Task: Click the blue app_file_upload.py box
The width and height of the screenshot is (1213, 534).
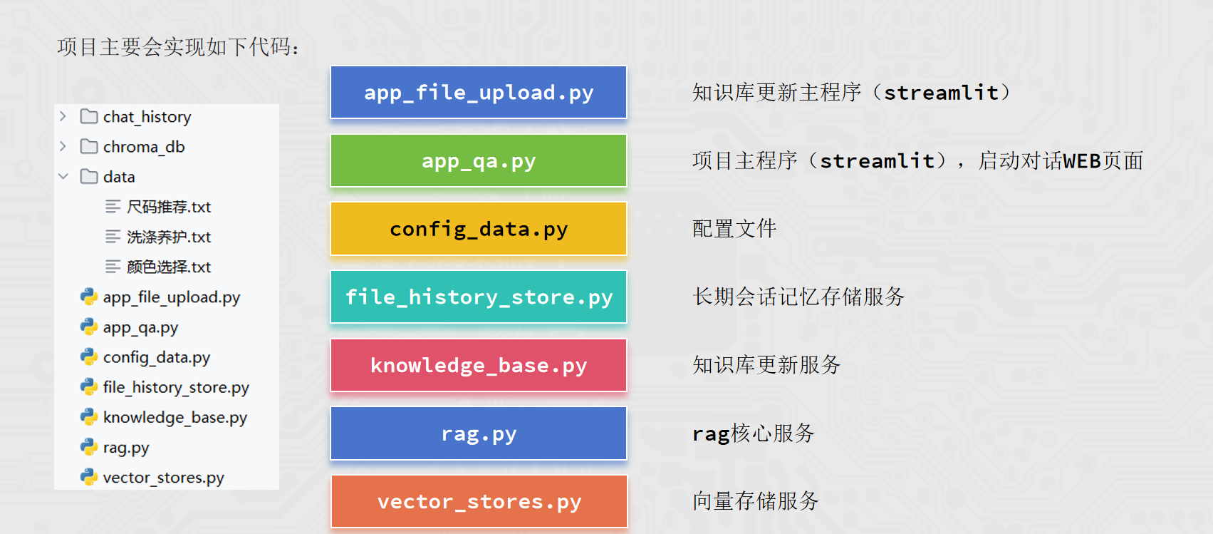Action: (x=479, y=93)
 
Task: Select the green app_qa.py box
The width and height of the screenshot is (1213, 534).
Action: (x=479, y=161)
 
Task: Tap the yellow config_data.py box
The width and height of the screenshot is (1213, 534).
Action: (x=479, y=229)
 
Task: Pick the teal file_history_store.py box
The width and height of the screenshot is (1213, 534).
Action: (x=479, y=297)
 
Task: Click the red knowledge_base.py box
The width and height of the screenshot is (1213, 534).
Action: (x=479, y=366)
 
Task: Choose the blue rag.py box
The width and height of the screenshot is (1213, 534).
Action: (x=479, y=433)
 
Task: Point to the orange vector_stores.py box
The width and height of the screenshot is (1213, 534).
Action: (x=479, y=502)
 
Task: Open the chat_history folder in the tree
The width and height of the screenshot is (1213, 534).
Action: (x=147, y=117)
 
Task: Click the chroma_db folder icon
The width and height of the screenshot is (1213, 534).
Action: (x=89, y=147)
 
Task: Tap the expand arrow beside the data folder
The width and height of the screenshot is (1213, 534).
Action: (x=63, y=176)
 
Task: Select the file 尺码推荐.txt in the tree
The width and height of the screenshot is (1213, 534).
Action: (x=169, y=207)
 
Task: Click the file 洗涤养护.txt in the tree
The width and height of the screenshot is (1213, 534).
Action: (x=169, y=237)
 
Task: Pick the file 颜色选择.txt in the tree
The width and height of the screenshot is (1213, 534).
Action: (x=169, y=267)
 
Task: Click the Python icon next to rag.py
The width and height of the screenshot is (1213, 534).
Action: (x=89, y=447)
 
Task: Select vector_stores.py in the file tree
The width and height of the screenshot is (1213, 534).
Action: (x=163, y=478)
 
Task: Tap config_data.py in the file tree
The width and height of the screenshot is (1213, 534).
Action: (x=157, y=357)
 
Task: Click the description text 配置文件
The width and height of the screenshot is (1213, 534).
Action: (x=734, y=229)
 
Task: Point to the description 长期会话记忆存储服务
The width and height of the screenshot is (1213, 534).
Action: (x=798, y=297)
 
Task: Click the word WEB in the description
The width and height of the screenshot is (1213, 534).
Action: (x=1082, y=161)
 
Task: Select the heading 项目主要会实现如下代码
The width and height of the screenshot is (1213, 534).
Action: (x=177, y=47)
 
